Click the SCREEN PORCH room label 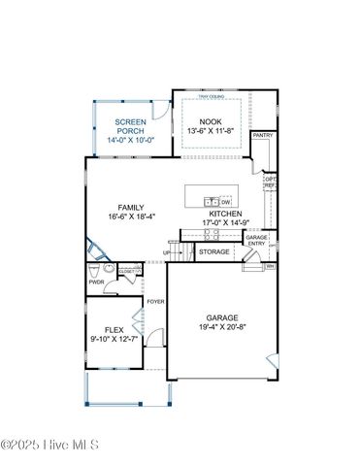(131, 126)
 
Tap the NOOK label (211, 121)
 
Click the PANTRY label (262, 136)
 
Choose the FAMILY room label (131, 208)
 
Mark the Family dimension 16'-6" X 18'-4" (131, 216)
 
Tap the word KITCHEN (225, 215)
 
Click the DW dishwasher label (225, 202)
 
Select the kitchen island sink (211, 202)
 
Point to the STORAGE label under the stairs (214, 252)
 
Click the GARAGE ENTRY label (256, 240)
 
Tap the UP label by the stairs (166, 253)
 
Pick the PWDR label (95, 283)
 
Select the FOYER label (154, 302)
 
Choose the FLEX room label (115, 330)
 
